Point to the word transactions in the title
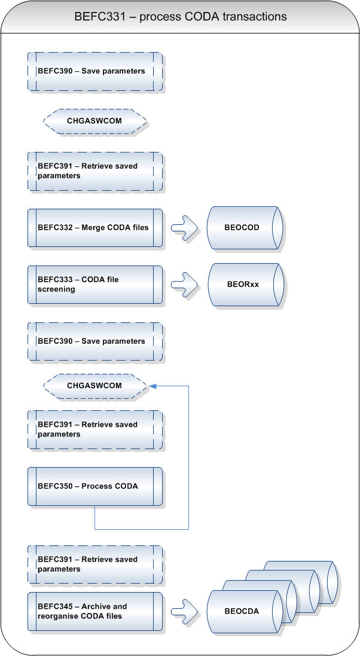(x=255, y=16)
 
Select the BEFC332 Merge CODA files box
(x=95, y=228)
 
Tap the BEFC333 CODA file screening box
(x=95, y=285)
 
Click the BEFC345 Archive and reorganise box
(x=95, y=611)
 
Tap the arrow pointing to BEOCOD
(x=185, y=228)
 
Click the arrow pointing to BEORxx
(x=185, y=285)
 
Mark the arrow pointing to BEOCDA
(x=185, y=611)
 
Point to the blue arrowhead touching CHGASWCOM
(x=152, y=386)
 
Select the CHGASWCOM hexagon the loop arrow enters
(x=95, y=386)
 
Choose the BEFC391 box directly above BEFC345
(x=95, y=565)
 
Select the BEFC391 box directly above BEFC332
(x=95, y=171)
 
